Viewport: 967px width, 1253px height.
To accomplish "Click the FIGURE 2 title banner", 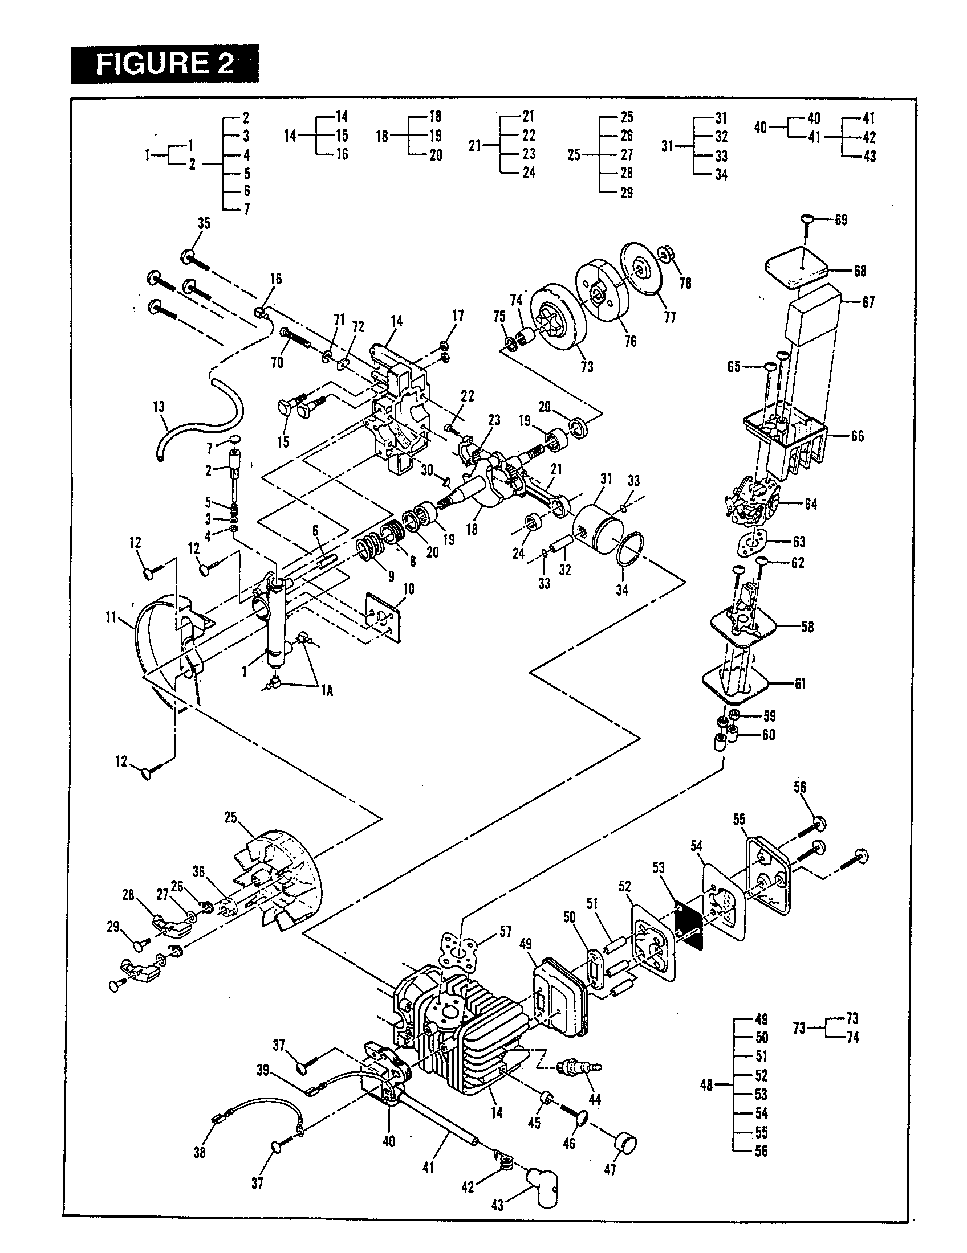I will tap(164, 64).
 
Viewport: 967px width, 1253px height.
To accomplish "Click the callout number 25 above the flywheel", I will tap(231, 817).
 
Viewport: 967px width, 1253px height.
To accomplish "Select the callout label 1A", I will tap(326, 691).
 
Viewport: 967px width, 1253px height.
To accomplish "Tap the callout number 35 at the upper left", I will tap(204, 224).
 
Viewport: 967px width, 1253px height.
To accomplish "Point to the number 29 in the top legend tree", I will tap(627, 193).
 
